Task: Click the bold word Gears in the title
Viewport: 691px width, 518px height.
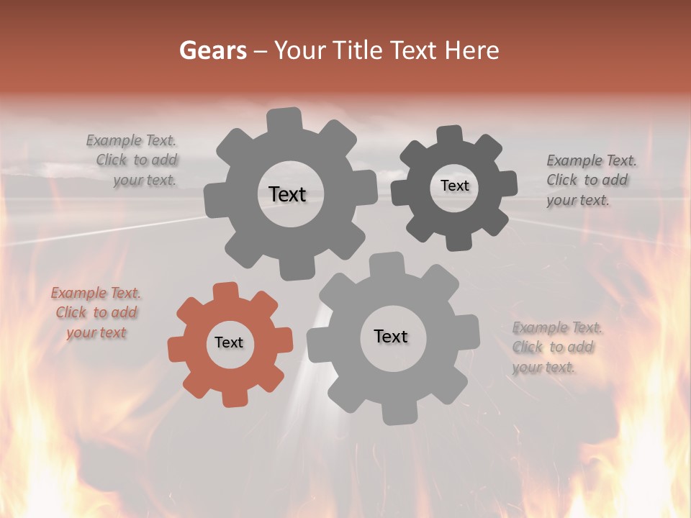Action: click(212, 50)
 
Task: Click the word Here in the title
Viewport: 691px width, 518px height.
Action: click(471, 50)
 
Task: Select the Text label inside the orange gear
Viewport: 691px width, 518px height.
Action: click(229, 342)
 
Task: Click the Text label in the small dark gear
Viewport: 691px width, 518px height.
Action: click(454, 186)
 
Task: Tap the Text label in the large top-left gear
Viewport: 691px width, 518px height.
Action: click(287, 194)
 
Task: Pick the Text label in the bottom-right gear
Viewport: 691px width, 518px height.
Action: click(391, 336)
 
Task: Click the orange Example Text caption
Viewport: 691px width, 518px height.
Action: click(96, 313)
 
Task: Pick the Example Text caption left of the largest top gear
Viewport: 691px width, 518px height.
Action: click(132, 160)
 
